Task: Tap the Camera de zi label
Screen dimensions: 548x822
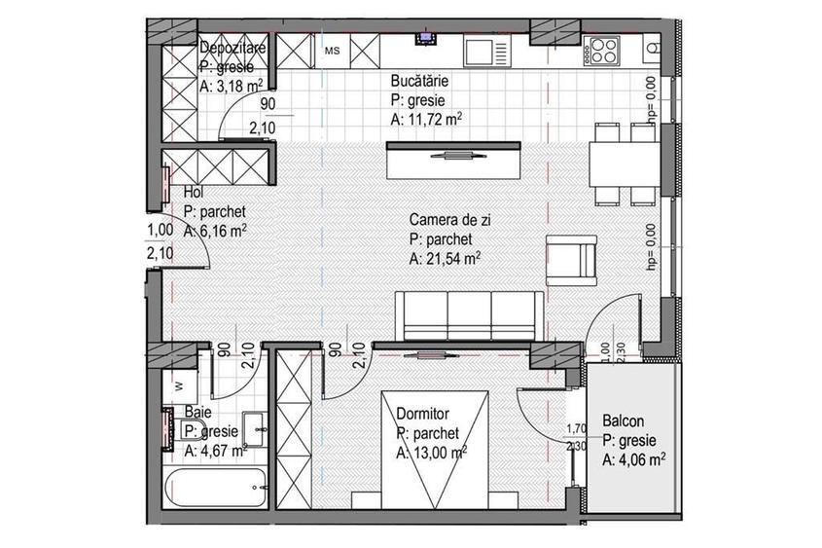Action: pos(449,221)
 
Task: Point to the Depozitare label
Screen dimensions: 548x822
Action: pos(233,49)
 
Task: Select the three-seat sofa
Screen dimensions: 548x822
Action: pos(469,314)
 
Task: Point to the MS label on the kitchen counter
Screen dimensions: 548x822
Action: pos(332,49)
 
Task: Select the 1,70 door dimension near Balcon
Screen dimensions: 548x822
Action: pos(578,426)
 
